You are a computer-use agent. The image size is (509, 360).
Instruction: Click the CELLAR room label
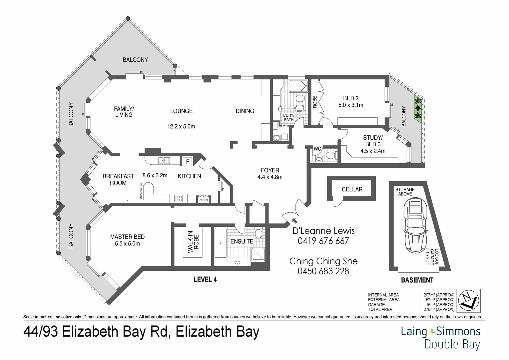coord(352,189)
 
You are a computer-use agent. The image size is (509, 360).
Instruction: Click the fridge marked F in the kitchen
coord(188,162)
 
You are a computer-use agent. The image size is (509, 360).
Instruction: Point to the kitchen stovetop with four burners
coord(179,199)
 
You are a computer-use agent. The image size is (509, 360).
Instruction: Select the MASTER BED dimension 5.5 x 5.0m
coord(127,244)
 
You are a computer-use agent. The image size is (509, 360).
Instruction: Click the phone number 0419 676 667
coord(323,241)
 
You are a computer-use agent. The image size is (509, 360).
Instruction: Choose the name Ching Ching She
coord(323,261)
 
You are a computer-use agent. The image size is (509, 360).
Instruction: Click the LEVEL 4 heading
coord(205,279)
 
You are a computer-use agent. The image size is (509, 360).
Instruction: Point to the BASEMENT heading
coord(417,280)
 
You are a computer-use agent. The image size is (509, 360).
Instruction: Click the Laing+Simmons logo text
coord(440,331)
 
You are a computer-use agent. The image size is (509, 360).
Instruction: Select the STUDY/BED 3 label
coord(373,141)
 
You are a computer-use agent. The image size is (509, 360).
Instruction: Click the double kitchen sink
coord(164,160)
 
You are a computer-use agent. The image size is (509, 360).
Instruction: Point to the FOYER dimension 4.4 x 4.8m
coord(270,177)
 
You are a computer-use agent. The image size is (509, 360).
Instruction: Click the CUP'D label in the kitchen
coord(203,200)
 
